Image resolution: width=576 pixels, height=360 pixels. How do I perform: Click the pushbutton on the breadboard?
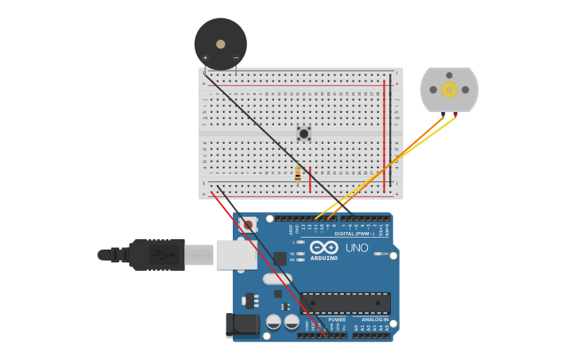coord(303,134)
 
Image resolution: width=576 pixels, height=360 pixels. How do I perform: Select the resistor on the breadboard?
coord(298,173)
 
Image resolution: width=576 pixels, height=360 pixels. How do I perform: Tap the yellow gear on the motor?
coord(449,89)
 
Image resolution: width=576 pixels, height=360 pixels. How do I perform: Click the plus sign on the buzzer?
coord(205,58)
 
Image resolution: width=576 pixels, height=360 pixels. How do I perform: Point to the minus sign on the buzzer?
coord(236,58)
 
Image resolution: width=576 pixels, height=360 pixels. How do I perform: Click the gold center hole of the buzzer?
coord(220,44)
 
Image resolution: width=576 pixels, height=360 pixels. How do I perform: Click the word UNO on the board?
coord(357,248)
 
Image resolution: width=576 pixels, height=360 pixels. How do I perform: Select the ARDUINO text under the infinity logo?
coord(324,258)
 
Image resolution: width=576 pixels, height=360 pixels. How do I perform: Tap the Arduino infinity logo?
coord(324,247)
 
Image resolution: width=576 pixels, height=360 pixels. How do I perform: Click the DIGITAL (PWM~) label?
coord(355,234)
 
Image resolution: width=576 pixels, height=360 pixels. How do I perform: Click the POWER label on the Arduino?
coord(337,319)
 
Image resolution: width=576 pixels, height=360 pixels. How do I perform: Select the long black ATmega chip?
coord(345,303)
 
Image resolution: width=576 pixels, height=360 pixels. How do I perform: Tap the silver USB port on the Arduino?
coord(237,254)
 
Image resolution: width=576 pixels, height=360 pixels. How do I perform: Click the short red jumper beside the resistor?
coord(310,179)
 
